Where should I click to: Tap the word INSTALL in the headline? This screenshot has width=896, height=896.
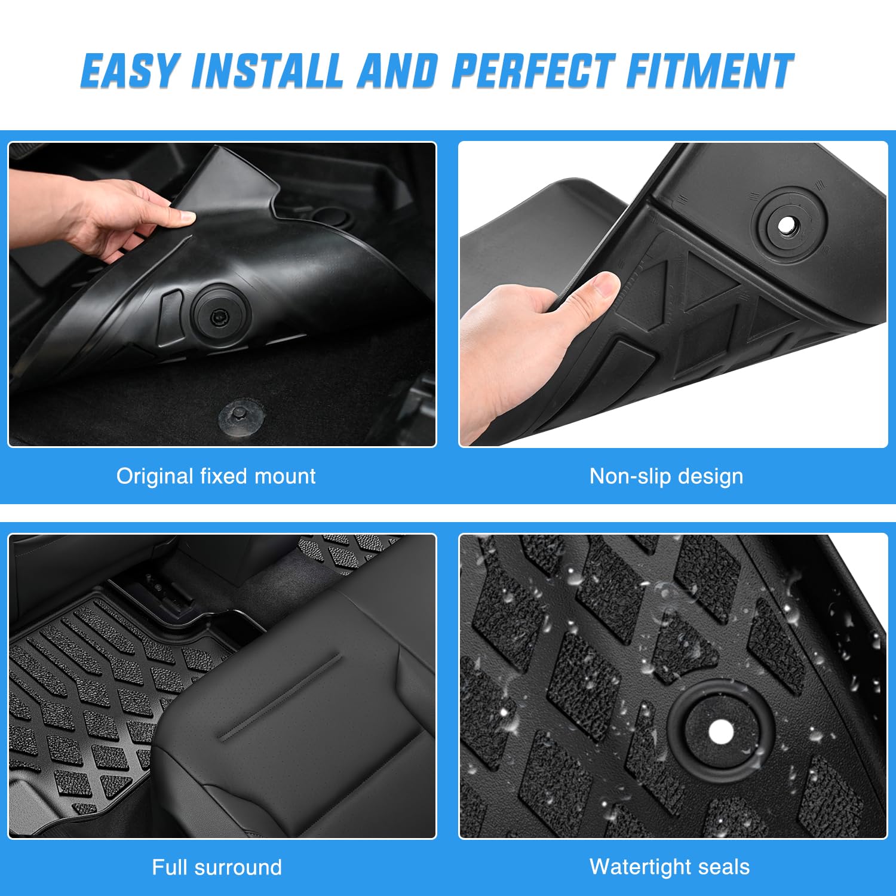(267, 71)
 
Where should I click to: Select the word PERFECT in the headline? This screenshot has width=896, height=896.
(533, 71)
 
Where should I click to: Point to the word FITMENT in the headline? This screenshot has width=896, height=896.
(710, 71)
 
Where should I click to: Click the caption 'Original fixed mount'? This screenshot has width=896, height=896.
(216, 477)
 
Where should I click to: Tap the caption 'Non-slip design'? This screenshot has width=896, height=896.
(666, 477)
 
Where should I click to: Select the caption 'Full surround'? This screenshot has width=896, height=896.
(216, 867)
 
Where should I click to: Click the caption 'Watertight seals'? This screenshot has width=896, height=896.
(669, 867)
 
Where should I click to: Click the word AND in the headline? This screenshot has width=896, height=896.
(397, 71)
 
